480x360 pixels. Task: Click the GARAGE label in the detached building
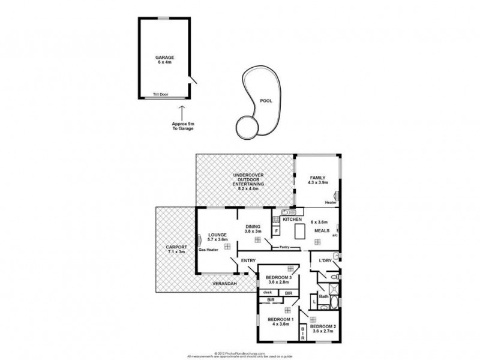click(x=164, y=58)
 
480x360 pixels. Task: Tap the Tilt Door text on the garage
click(x=160, y=95)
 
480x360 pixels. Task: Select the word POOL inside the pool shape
click(x=265, y=101)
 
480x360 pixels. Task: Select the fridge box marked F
click(x=276, y=230)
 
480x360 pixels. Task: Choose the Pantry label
click(x=284, y=247)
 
